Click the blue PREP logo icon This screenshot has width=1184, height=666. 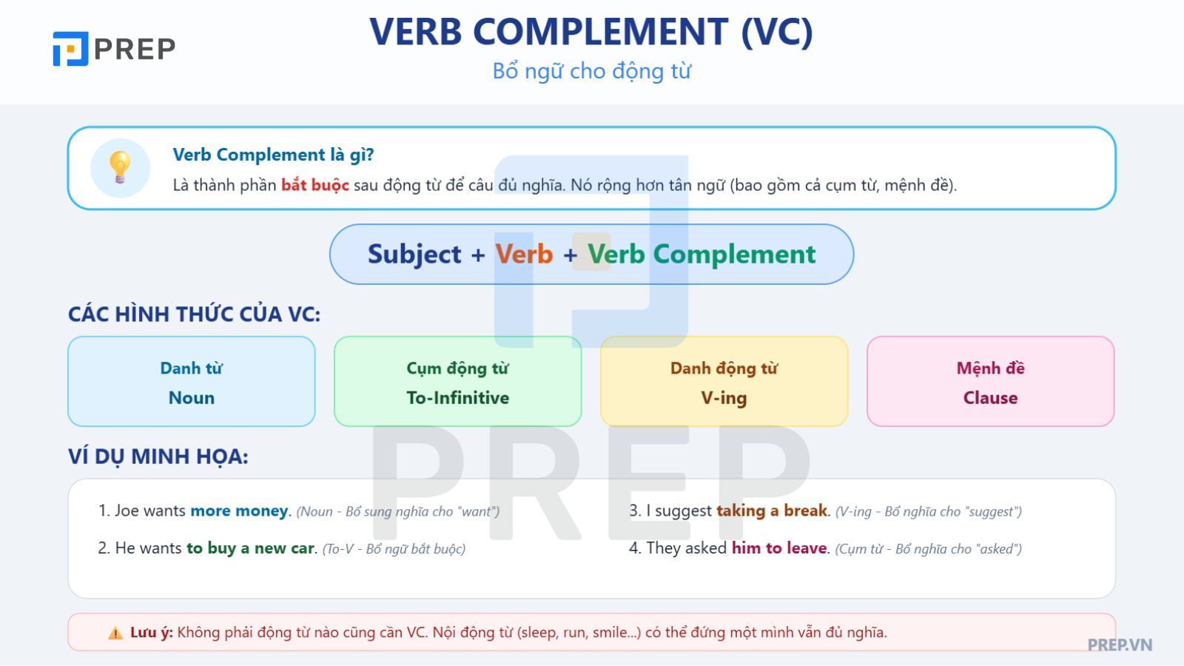click(x=70, y=49)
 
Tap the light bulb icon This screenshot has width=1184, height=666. click(x=120, y=167)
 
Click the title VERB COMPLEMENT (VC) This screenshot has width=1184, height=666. click(x=591, y=33)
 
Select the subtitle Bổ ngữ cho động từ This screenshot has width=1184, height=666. click(x=591, y=71)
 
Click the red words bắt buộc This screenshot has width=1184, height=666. click(x=315, y=185)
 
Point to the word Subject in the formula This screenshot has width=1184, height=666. click(x=414, y=255)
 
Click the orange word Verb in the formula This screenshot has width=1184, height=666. click(x=524, y=255)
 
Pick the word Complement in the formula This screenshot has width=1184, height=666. click(x=734, y=255)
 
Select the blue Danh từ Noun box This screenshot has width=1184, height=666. click(x=192, y=381)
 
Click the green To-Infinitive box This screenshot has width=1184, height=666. click(x=458, y=381)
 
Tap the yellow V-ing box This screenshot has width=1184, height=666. click(x=724, y=381)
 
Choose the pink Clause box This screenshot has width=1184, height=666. click(x=991, y=381)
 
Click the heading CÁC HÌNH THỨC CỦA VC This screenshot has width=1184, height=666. click(x=195, y=314)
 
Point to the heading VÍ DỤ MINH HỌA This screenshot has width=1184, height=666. click(x=158, y=457)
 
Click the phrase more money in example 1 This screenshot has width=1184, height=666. click(x=240, y=511)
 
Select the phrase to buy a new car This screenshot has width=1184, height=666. click(x=251, y=548)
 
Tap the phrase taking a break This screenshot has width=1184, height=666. click(x=772, y=511)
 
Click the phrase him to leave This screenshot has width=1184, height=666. click(x=779, y=548)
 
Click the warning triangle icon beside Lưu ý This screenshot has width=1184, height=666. click(x=115, y=633)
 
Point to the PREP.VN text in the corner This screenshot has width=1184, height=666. click(x=1120, y=645)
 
